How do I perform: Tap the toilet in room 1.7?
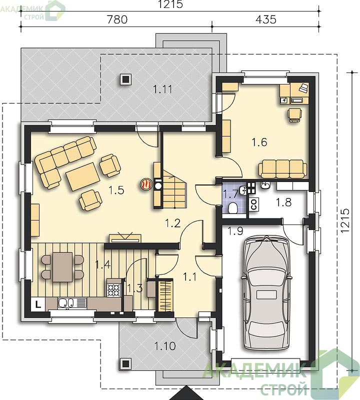tap(232, 207)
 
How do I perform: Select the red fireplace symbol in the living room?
tap(146, 184)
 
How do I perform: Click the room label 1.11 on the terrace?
tap(162, 89)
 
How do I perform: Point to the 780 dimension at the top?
tap(117, 19)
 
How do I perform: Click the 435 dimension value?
tap(266, 19)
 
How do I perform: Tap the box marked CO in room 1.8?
tap(254, 204)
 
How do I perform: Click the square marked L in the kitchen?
tap(38, 304)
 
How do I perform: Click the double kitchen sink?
tap(66, 303)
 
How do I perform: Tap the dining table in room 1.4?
tap(63, 267)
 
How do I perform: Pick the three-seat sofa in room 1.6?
tap(282, 168)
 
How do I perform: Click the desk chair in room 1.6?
tap(294, 115)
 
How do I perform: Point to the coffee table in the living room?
tap(82, 177)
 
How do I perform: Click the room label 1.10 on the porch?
tap(165, 346)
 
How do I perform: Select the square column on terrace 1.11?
tap(125, 79)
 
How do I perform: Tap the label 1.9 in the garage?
tap(235, 231)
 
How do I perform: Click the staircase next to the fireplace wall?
tap(174, 189)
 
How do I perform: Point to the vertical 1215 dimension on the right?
tap(344, 220)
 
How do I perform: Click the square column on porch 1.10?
tap(125, 363)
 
